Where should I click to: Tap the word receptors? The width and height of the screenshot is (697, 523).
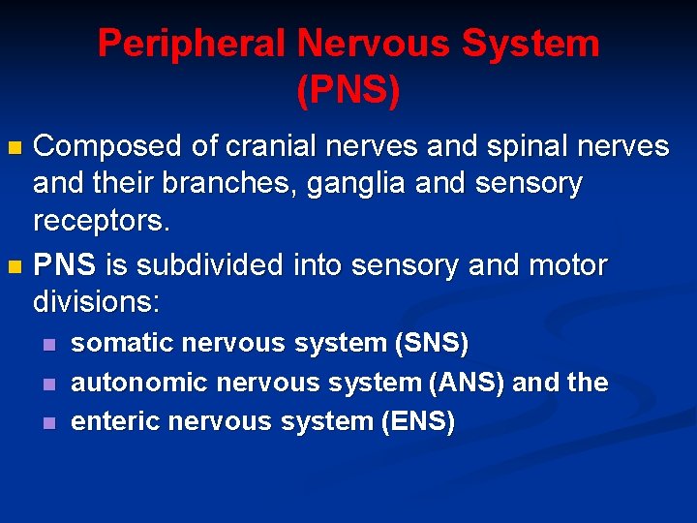click(102, 222)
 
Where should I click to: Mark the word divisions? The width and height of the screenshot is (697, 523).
click(96, 301)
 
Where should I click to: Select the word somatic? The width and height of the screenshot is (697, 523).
click(123, 343)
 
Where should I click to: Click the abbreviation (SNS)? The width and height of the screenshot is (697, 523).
click(430, 343)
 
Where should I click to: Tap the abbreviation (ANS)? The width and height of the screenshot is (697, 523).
click(468, 383)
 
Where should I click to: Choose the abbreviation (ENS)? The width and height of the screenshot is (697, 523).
click(415, 421)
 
